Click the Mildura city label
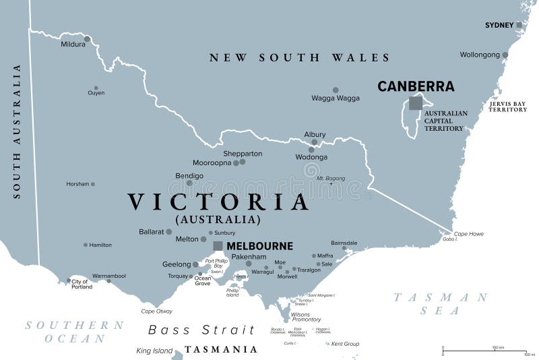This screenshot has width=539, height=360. pyautogui.click(x=73, y=44)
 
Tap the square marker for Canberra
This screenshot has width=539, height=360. pyautogui.click(x=416, y=103)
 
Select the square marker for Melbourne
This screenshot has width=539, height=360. pyautogui.click(x=218, y=246)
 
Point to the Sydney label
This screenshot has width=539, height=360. pyautogui.click(x=499, y=26)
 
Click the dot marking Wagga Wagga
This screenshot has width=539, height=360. pyautogui.click(x=336, y=90)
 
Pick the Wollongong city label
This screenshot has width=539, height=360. pyautogui.click(x=480, y=55)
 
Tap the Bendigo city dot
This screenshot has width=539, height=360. pyautogui.click(x=189, y=183)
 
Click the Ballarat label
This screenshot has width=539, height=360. pyautogui.click(x=151, y=231)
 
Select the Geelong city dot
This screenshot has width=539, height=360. pyautogui.click(x=195, y=264)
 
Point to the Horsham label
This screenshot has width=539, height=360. pyautogui.click(x=77, y=184)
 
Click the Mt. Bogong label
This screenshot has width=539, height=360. pyautogui.click(x=330, y=178)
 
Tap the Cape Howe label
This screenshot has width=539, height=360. pyautogui.click(x=468, y=234)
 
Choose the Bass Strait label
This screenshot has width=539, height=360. pyautogui.click(x=201, y=330)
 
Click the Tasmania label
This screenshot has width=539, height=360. pyautogui.click(x=221, y=349)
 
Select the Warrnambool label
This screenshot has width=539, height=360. pyautogui.click(x=108, y=276)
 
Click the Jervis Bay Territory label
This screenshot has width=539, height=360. pyautogui.click(x=507, y=107)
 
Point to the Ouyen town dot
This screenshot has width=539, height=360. pyautogui.click(x=96, y=88)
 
